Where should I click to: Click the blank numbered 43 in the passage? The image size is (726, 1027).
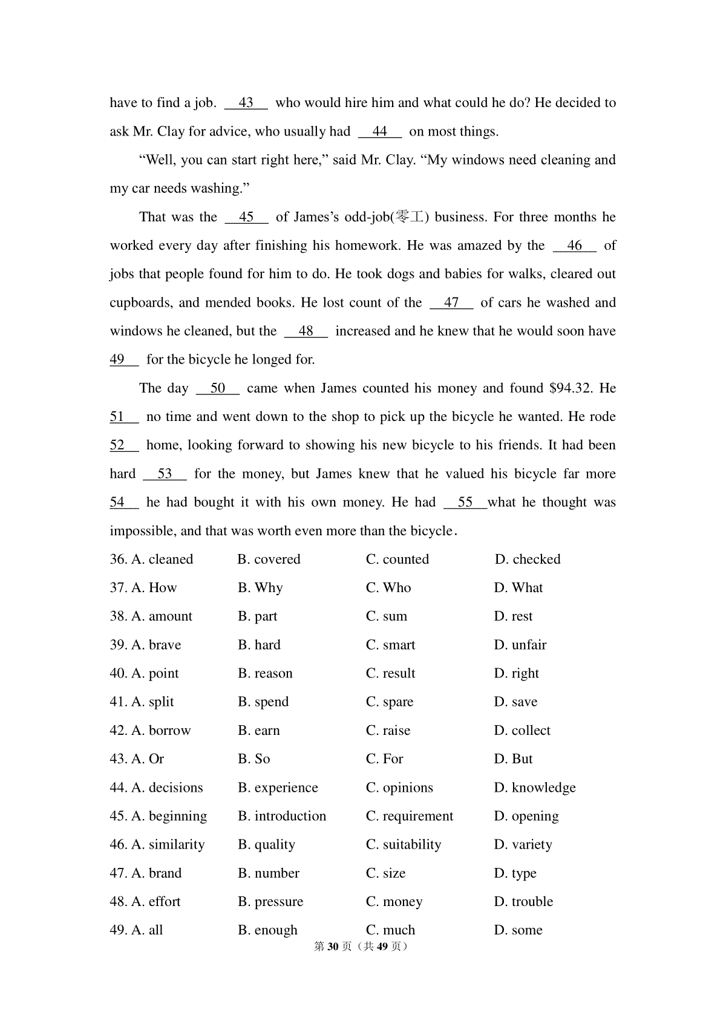[246, 103]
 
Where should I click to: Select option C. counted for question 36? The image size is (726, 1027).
[397, 559]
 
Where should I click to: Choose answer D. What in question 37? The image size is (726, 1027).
[518, 588]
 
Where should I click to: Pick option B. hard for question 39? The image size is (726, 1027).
[260, 645]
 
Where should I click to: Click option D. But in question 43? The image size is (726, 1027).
[514, 759]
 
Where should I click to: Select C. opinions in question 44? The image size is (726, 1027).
[399, 787]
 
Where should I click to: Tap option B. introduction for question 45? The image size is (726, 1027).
[282, 816]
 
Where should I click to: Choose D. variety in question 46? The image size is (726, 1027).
[523, 844]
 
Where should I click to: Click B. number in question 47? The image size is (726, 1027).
[269, 873]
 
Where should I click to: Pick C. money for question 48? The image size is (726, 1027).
[394, 902]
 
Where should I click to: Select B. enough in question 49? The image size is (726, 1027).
[268, 930]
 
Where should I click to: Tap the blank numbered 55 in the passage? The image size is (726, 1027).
[465, 503]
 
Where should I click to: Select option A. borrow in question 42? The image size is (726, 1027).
[161, 731]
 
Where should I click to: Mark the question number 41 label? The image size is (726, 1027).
[118, 702]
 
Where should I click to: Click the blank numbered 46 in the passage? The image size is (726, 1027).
[575, 246]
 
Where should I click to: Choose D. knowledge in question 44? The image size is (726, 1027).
[535, 787]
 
